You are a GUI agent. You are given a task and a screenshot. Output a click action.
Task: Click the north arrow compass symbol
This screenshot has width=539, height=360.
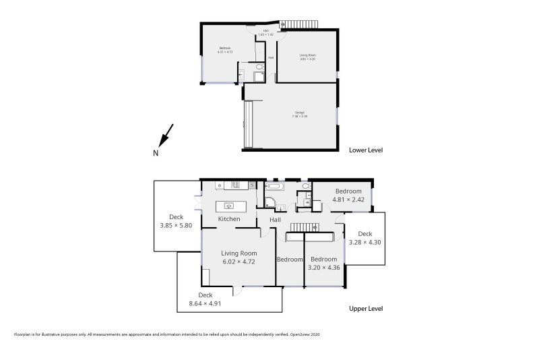pos(166,137)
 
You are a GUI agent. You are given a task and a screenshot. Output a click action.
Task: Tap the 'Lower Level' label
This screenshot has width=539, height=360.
pos(365,150)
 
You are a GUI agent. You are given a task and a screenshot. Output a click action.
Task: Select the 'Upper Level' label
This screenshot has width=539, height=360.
pos(366,308)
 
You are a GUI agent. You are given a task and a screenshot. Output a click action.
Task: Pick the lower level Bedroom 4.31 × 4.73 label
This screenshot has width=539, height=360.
pos(225,49)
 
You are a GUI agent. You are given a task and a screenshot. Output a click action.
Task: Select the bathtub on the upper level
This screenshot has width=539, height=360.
pos(276,185)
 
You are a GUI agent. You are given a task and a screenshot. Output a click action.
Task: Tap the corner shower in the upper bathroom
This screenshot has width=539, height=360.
pos(270,201)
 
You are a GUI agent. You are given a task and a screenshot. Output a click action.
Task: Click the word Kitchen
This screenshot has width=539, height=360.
pos(229,219)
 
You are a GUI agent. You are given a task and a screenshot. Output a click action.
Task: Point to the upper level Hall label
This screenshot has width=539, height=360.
pos(275,220)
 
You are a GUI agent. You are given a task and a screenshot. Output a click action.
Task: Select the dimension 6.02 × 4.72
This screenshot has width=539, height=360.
pos(239,262)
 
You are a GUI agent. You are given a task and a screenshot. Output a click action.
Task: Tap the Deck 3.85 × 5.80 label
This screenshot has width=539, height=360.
pos(177,221)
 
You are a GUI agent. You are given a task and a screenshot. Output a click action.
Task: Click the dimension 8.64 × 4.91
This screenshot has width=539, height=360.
pos(205,303)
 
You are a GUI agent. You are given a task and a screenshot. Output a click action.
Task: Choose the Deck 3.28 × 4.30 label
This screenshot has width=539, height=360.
pos(364,237)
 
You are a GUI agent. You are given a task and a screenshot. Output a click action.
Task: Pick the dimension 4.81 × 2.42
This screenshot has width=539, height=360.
pos(349,200)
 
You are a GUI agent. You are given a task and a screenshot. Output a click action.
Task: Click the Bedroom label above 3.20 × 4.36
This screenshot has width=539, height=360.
pos(323,259)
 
